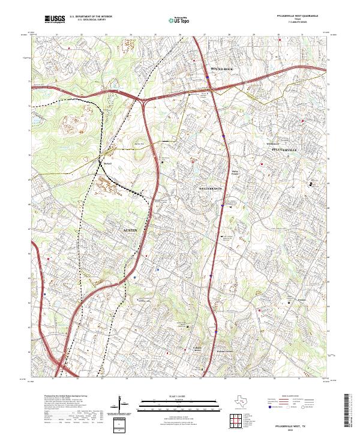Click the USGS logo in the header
click(55, 20)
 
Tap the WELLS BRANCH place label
click(210, 189)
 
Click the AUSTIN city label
click(131, 230)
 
